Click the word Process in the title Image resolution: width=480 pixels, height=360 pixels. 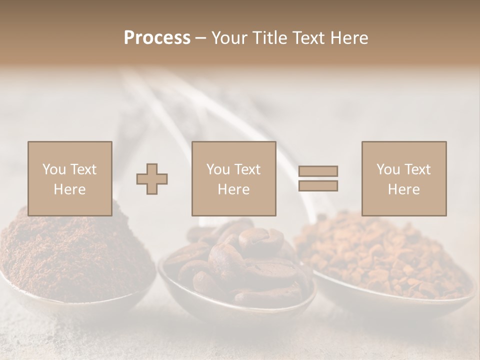[157, 38]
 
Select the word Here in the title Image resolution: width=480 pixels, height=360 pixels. [350, 38]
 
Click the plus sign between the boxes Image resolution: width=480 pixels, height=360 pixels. [152, 178]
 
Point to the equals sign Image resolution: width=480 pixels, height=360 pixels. [318, 178]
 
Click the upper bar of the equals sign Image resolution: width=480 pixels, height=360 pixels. [318, 171]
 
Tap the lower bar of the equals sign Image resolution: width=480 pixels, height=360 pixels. [318, 186]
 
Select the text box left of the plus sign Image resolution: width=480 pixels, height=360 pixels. [69, 178]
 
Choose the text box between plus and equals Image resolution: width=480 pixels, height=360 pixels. [233, 178]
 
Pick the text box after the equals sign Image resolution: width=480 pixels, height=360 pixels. [403, 178]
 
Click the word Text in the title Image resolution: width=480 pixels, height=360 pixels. [309, 38]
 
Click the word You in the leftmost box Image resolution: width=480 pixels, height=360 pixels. [53, 169]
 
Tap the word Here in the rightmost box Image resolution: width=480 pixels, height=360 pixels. [403, 189]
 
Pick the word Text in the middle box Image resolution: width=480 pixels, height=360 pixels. [247, 169]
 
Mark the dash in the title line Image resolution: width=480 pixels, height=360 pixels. [200, 38]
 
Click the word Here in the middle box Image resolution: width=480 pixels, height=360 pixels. [233, 189]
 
